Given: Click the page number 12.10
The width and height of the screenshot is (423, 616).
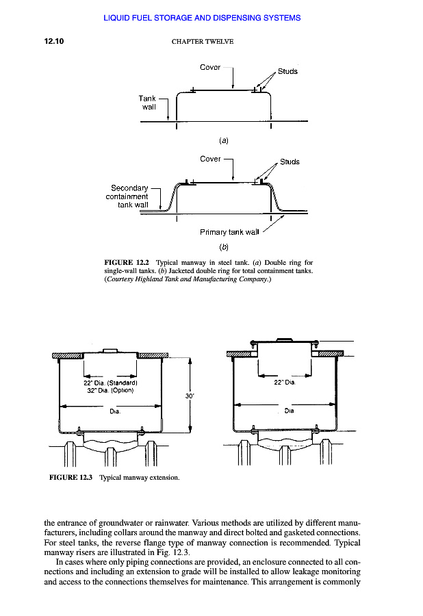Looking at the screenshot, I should tap(53, 41).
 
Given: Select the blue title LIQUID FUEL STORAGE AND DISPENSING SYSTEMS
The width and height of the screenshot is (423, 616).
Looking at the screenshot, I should tap(202, 18).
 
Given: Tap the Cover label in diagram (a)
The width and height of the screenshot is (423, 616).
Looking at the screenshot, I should tap(210, 67).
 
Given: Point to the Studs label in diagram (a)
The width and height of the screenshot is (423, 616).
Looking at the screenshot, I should tap(287, 71).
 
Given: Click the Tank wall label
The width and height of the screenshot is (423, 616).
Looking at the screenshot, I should tap(149, 103).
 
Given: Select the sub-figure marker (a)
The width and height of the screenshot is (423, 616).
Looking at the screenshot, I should tap(223, 140).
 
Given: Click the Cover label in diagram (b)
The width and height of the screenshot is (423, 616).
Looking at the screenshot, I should tap(210, 159).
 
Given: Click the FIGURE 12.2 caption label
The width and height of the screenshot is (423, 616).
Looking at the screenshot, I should tap(127, 262).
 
